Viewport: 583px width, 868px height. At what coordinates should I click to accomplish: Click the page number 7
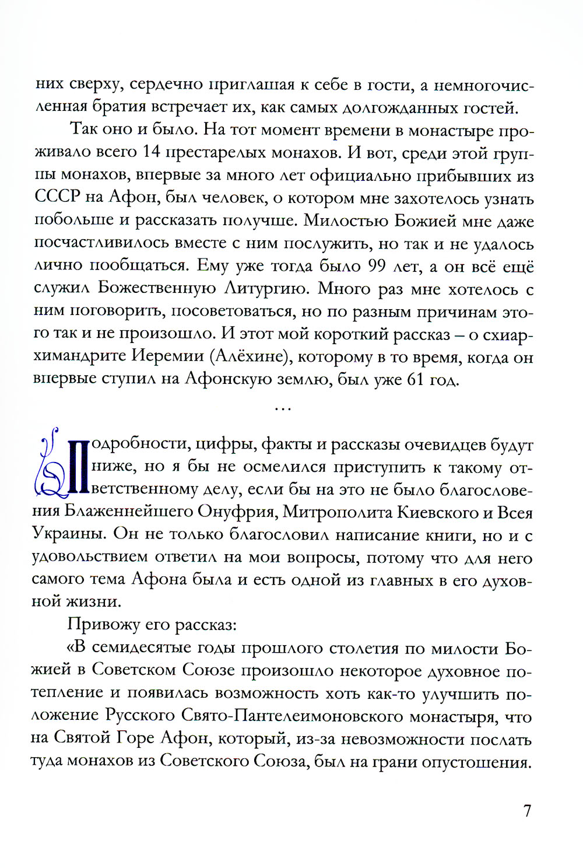coord(527,810)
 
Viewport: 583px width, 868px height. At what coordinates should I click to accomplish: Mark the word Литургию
coord(267,289)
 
